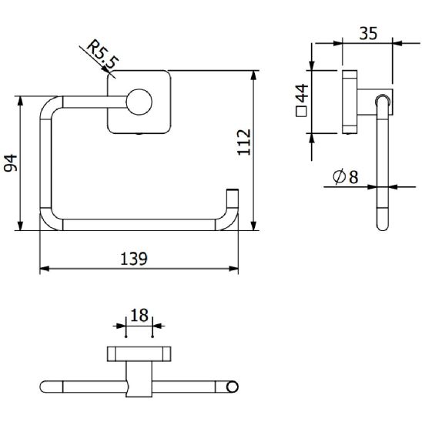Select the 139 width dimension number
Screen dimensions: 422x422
click(x=134, y=259)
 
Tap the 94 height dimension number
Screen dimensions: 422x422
click(x=11, y=163)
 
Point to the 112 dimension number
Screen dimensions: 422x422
click(x=244, y=142)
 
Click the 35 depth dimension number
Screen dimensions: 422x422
click(x=368, y=34)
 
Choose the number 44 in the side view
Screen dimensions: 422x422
click(x=302, y=93)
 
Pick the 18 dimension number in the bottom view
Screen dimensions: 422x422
click(x=139, y=316)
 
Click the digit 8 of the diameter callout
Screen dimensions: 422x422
click(x=353, y=177)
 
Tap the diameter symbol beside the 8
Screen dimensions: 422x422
click(x=339, y=177)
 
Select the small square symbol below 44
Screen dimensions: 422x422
click(x=301, y=112)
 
